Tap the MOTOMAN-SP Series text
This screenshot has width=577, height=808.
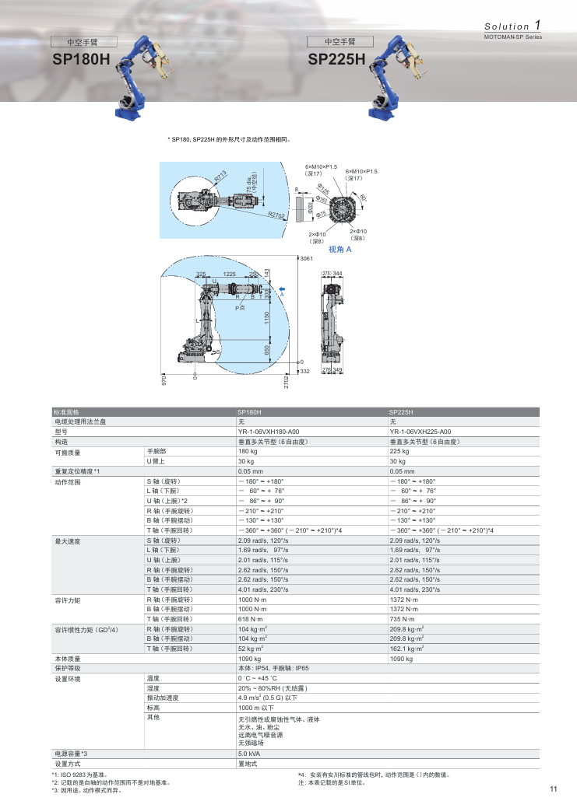click(512, 37)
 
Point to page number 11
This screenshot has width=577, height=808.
click(554, 790)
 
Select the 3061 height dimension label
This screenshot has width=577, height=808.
click(306, 257)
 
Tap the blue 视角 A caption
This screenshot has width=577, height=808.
click(340, 250)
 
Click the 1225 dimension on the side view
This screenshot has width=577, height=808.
click(229, 275)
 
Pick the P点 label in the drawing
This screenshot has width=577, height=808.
click(241, 309)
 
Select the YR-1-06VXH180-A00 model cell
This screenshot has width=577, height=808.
click(269, 432)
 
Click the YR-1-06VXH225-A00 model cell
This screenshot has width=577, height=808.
click(420, 432)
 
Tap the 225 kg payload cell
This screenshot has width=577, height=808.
click(399, 451)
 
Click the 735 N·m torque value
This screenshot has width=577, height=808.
click(402, 618)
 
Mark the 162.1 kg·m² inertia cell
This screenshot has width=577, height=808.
click(406, 648)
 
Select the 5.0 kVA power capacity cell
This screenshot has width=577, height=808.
click(248, 754)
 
